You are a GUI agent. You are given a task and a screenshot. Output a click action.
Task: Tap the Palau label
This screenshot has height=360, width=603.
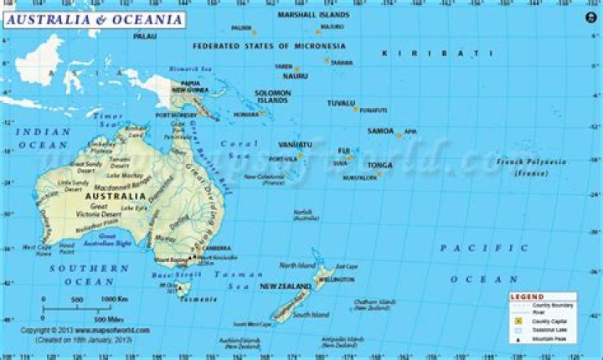click(145, 37)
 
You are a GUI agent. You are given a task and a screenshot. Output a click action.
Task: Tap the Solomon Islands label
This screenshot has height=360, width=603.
click(273, 96)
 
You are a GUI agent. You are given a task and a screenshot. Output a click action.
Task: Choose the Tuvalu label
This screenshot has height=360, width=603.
click(341, 102)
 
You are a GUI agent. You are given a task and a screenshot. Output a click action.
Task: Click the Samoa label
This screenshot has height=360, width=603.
click(379, 131)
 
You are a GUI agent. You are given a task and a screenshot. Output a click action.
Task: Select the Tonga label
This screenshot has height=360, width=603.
click(379, 165)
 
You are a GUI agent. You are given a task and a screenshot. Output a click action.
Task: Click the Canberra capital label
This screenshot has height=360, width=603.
click(216, 248)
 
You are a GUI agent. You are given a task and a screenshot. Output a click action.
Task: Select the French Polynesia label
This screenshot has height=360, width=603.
click(527, 165)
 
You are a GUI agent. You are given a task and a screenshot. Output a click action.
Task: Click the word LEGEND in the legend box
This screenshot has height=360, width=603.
click(528, 296)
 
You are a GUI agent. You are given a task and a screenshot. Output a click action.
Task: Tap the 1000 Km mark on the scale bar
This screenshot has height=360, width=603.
click(114, 299)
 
